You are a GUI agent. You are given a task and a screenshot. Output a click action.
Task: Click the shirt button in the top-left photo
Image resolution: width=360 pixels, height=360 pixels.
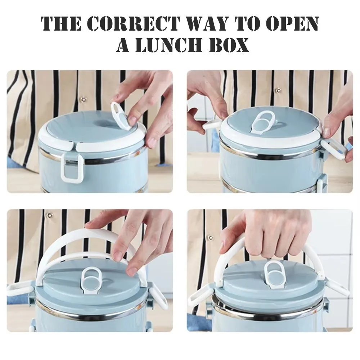point(83,99)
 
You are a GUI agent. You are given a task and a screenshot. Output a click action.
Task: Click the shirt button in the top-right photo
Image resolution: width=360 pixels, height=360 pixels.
point(279,90)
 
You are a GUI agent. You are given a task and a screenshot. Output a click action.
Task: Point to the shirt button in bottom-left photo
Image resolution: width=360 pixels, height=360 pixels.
point(49,215)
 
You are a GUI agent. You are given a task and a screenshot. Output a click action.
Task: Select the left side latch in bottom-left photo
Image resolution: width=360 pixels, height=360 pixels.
point(20,290)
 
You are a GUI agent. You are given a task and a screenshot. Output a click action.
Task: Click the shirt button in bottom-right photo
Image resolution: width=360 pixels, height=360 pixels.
point(211,237)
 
